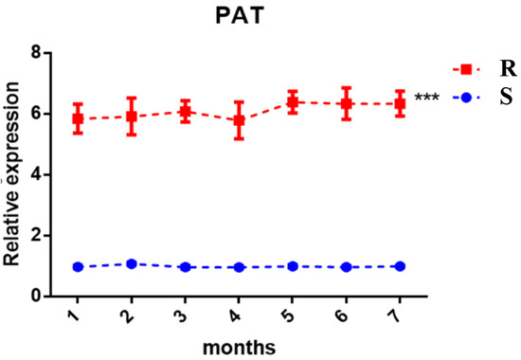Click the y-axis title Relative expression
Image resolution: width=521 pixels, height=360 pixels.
coord(13,174)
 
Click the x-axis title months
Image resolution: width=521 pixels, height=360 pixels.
coord(238,348)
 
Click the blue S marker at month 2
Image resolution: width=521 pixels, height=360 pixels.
coord(132,264)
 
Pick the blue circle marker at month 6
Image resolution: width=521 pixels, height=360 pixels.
coord(347,267)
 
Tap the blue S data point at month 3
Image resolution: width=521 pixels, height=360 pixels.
coord(186,267)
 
